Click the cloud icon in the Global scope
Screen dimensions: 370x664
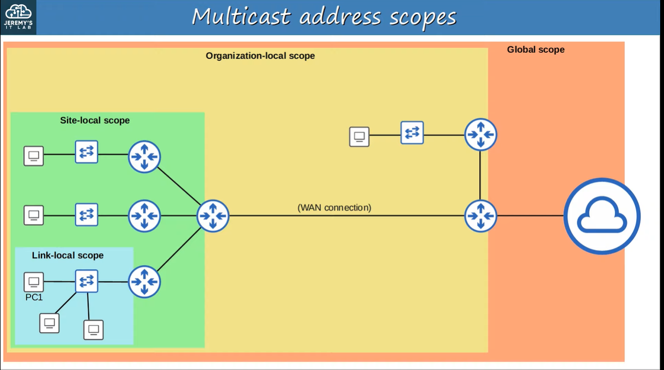602,216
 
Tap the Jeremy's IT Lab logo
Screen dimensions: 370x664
19,17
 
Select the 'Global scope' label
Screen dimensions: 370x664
535,50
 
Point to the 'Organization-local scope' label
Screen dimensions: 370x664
260,56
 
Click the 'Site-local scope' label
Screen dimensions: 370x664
95,120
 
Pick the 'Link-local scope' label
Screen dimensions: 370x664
68,255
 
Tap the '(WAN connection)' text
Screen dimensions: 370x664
334,208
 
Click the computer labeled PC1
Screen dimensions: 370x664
34,282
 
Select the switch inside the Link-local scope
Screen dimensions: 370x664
87,281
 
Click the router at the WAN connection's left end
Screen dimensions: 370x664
213,216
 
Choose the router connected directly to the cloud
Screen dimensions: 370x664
480,216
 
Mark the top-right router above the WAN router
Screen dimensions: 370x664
480,134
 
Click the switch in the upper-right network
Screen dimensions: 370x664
412,132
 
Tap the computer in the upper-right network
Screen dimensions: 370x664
359,136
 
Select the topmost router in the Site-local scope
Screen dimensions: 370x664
144,156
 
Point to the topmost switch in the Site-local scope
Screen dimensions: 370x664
87,152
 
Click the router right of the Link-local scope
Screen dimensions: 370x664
144,281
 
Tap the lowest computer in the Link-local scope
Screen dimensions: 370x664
93,330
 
